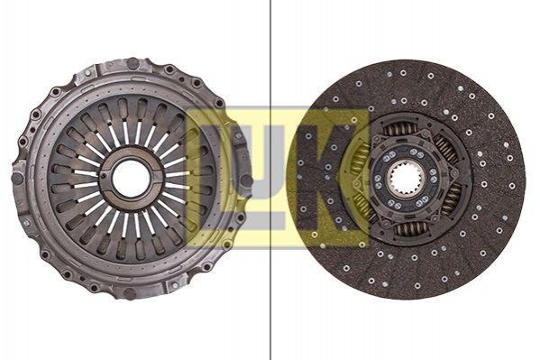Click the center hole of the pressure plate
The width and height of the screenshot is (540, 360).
132,178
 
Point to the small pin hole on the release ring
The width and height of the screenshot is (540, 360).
104,177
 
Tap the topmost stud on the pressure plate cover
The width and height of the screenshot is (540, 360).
133,63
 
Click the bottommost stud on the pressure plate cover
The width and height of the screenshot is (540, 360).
129,293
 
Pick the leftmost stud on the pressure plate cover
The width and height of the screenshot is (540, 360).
17,178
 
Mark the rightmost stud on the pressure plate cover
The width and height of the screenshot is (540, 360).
246,180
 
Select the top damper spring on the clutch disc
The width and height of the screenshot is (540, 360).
400,130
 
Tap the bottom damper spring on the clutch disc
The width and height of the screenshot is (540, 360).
411,228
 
